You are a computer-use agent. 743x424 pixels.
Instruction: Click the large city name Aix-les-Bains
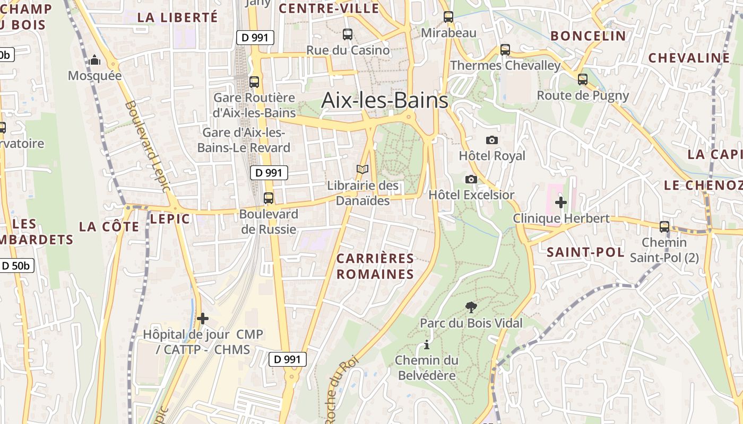tap(385, 100)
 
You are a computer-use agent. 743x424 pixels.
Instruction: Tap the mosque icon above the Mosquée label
tap(95, 60)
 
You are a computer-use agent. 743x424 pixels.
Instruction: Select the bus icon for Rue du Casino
tap(348, 34)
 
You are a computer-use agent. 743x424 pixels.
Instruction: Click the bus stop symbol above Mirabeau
tap(448, 17)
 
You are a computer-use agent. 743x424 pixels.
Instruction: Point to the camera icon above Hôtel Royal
tap(492, 140)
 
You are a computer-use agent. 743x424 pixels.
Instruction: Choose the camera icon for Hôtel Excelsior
tap(471, 180)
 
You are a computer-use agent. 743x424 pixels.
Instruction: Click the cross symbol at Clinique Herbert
tap(561, 202)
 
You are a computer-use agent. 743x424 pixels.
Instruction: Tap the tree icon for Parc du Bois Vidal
tap(471, 307)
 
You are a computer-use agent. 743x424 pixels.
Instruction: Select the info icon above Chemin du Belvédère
tap(426, 346)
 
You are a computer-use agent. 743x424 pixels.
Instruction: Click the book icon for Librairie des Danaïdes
tap(362, 170)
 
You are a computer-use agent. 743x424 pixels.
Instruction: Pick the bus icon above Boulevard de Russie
tap(269, 198)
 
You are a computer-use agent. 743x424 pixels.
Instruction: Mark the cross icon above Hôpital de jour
tap(202, 319)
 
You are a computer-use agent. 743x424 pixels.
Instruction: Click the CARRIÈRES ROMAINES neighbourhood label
tap(375, 266)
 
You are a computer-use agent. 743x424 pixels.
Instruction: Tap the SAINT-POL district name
tap(585, 252)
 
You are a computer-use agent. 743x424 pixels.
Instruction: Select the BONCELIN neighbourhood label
tap(588, 36)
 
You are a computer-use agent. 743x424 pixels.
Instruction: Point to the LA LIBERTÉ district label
tap(177, 17)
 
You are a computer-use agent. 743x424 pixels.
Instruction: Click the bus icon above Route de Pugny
tap(583, 79)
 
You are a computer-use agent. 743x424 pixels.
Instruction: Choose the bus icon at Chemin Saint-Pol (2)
tap(664, 227)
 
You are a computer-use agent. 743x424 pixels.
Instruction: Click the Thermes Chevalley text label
tap(505, 66)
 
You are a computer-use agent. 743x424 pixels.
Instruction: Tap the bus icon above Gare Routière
tap(254, 82)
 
